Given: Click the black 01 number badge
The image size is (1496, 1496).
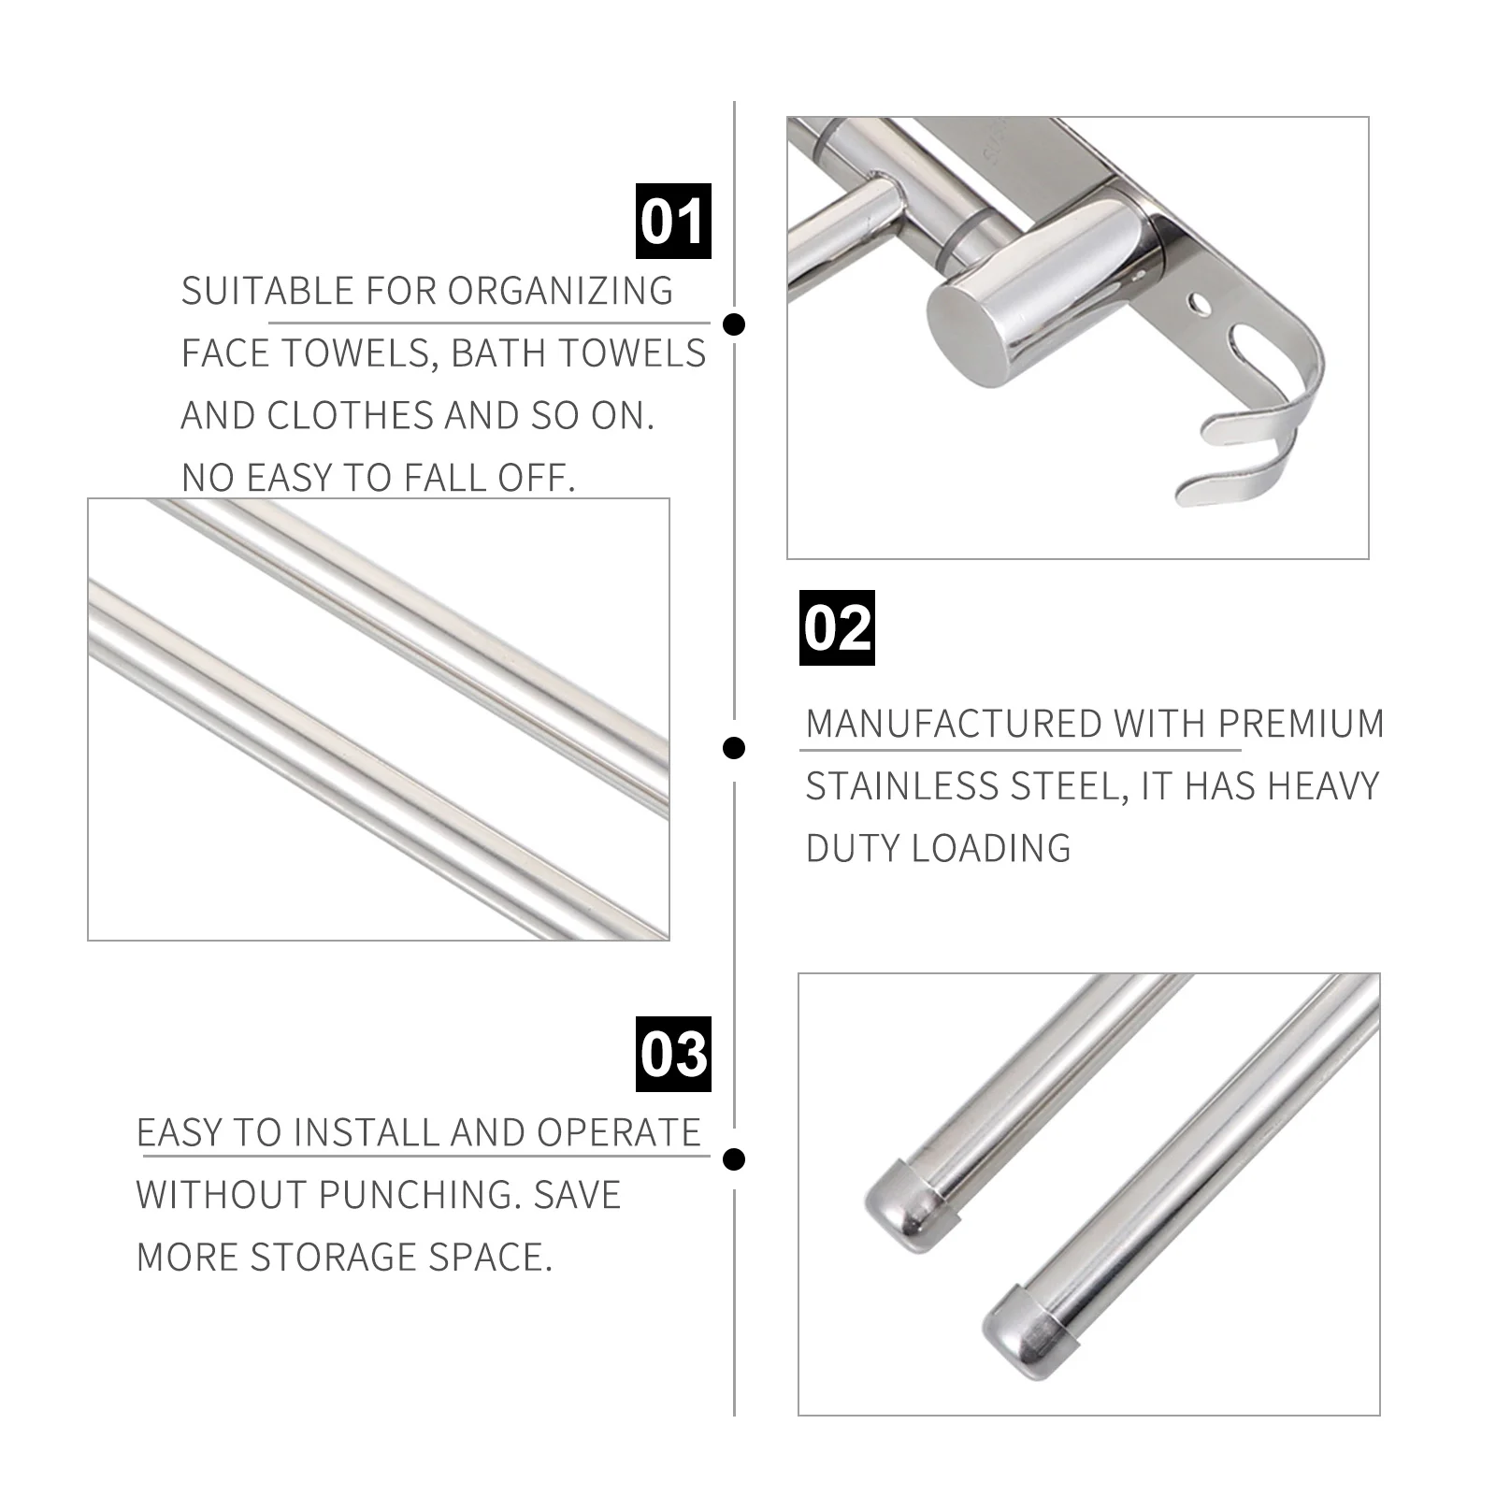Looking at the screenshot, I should click(x=673, y=222).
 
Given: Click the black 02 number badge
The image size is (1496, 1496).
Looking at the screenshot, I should click(x=837, y=627).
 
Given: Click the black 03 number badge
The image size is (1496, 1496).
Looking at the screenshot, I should click(x=673, y=1054).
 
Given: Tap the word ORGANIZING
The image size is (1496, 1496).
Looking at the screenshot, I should click(x=560, y=291).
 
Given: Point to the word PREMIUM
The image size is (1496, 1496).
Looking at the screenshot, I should click(x=1301, y=724).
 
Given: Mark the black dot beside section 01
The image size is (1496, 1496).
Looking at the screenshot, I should click(x=735, y=324).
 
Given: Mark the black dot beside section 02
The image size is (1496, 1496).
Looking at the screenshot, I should click(x=735, y=747).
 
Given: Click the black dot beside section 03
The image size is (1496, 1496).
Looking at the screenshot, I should click(x=735, y=1159).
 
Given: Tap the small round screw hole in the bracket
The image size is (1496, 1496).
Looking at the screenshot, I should click(x=1198, y=304).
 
